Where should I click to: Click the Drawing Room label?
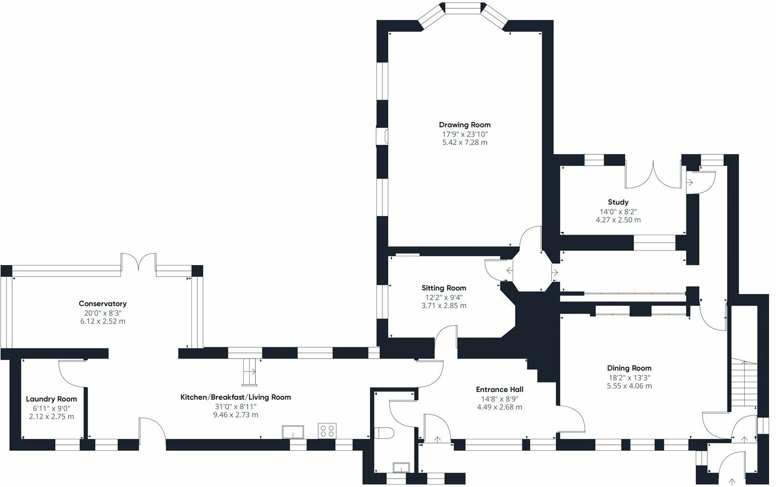(464, 125)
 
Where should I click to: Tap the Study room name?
(618, 202)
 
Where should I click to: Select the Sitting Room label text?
(444, 288)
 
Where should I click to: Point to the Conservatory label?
(102, 304)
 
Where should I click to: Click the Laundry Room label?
(51, 399)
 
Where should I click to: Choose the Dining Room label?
(629, 368)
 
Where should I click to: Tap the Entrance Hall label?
(499, 390)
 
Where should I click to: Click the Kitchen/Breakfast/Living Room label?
(235, 397)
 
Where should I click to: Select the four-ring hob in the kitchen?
(327, 431)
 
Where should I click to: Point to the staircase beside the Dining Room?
(743, 382)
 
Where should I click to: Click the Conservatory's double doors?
(139, 262)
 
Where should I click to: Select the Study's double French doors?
(653, 175)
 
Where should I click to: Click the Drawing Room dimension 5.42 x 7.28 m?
(464, 143)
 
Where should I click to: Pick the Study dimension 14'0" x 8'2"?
(618, 212)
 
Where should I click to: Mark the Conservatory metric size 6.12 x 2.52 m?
(102, 321)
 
